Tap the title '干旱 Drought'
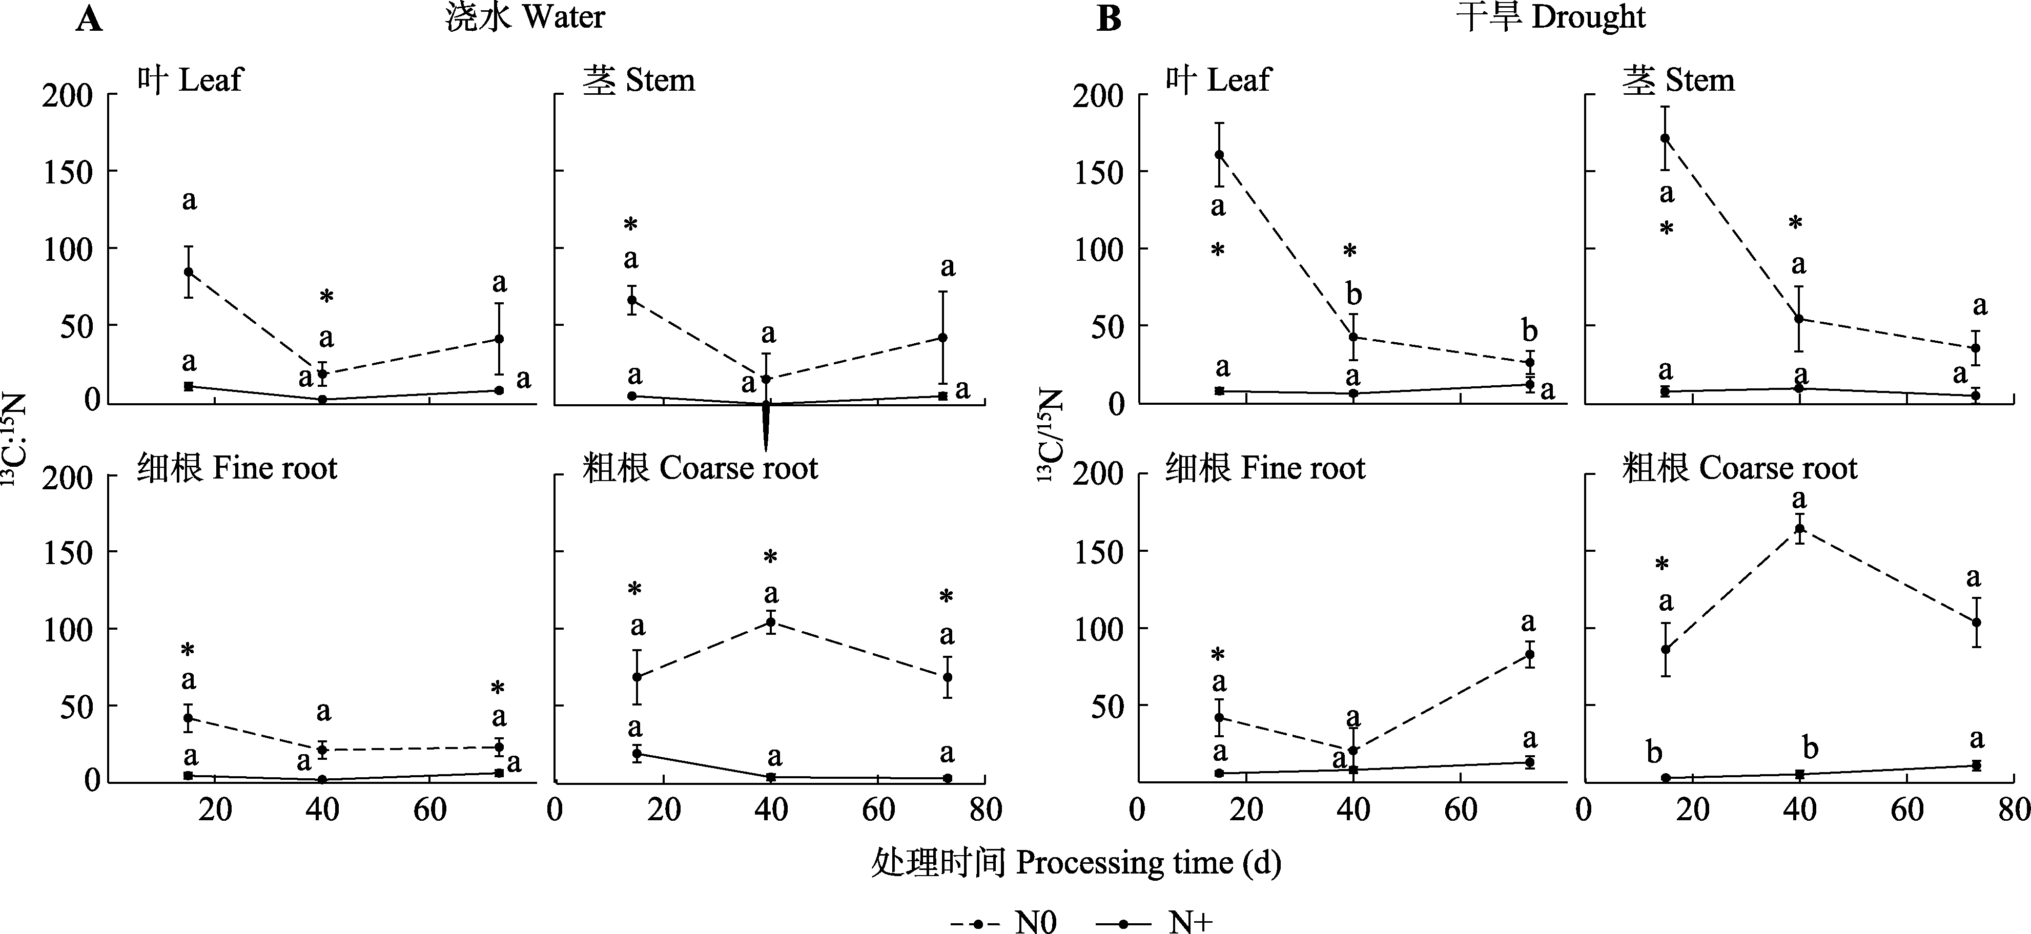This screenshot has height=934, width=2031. coord(1550,17)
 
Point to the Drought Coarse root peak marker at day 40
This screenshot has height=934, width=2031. coord(1799,529)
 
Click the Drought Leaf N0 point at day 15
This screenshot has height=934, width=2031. coord(1219,155)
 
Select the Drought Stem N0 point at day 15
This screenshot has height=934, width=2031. coord(1665,138)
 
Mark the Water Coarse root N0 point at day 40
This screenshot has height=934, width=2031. coord(770,622)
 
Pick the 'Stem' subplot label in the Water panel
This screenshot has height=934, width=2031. coord(639,80)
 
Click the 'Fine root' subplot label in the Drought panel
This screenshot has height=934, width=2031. coord(1265,468)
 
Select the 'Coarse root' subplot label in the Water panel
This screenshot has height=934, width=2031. coord(700,468)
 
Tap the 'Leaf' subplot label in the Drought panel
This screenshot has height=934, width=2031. coord(1218,80)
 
